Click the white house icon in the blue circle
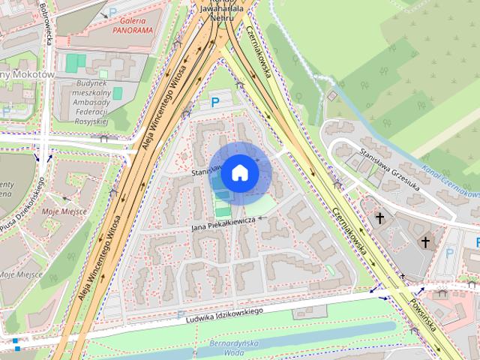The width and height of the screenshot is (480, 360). (x=239, y=173)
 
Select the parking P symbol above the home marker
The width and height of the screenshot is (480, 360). (x=215, y=102)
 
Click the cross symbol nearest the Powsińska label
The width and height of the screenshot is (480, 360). (x=425, y=242)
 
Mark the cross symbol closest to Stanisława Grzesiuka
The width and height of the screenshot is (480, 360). (x=380, y=218)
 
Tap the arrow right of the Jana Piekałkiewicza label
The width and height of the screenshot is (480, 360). (x=263, y=218)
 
